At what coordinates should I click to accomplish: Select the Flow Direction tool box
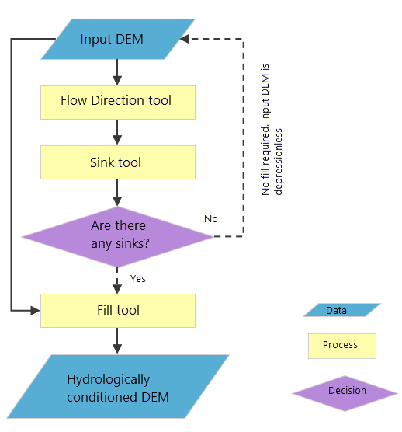116,102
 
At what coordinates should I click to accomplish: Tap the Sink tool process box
116,163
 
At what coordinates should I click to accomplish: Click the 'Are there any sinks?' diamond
116,235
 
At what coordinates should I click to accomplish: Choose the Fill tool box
116,310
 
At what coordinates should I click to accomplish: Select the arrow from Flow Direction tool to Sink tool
116,133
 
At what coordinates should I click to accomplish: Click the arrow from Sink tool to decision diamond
116,193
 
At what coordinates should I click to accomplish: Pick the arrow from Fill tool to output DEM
116,340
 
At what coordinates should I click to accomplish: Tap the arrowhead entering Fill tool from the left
34,310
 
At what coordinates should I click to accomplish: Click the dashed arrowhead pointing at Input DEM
196,39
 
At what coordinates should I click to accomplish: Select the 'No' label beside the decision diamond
210,218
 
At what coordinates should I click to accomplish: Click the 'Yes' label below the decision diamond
138,278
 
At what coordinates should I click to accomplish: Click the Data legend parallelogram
336,311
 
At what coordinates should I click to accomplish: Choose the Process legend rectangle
341,346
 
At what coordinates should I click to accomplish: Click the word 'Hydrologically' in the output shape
108,380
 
